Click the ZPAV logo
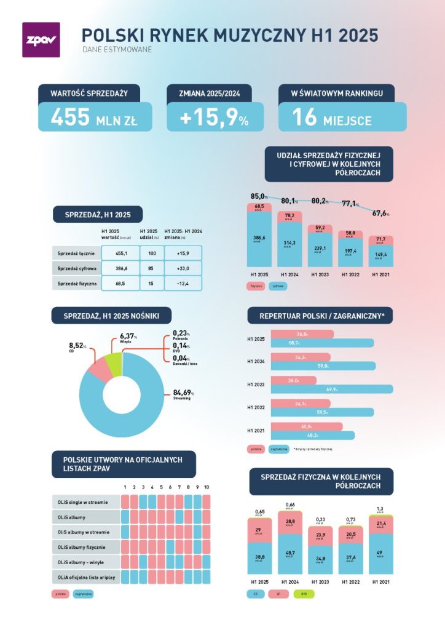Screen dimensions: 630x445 click(41, 40)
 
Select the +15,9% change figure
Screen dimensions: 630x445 click(215, 118)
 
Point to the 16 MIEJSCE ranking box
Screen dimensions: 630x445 click(342, 118)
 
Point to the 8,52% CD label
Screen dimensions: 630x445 click(77, 347)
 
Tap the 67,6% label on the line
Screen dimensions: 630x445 click(381, 213)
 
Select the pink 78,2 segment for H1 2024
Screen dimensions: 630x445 click(289, 217)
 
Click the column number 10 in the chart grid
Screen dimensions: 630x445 click(207, 487)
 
